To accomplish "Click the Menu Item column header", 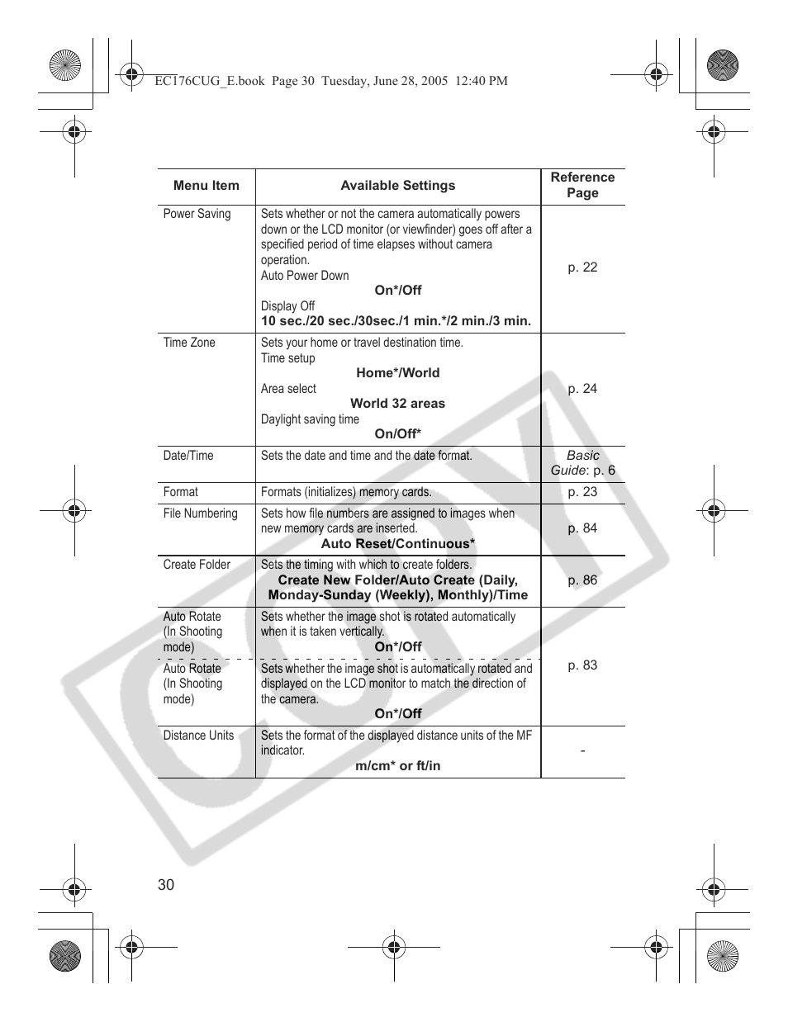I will pyautogui.click(x=206, y=186).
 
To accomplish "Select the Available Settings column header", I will pyautogui.click(x=397, y=186).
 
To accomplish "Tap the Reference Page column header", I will pyautogui.click(x=582, y=185).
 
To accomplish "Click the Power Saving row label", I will pyautogui.click(x=197, y=214).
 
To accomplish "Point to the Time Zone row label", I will pyautogui.click(x=189, y=343).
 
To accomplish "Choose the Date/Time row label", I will pyautogui.click(x=188, y=456).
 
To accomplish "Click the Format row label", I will pyautogui.click(x=180, y=492).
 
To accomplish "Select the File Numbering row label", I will pyautogui.click(x=200, y=513).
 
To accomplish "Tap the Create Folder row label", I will pyautogui.click(x=197, y=565).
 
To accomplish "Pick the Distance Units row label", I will pyautogui.click(x=198, y=736).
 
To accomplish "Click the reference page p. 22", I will pyautogui.click(x=582, y=267).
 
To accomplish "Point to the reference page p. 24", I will pyautogui.click(x=582, y=389).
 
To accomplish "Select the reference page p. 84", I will pyautogui.click(x=582, y=528).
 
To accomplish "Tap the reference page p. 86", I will pyautogui.click(x=582, y=580).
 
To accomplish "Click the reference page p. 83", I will pyautogui.click(x=582, y=665).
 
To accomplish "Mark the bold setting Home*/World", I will pyautogui.click(x=397, y=373).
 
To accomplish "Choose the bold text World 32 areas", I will pyautogui.click(x=397, y=404).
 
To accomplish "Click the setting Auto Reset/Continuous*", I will pyautogui.click(x=397, y=544).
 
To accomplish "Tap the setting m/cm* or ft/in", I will pyautogui.click(x=397, y=766).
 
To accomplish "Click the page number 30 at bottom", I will pyautogui.click(x=166, y=885).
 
